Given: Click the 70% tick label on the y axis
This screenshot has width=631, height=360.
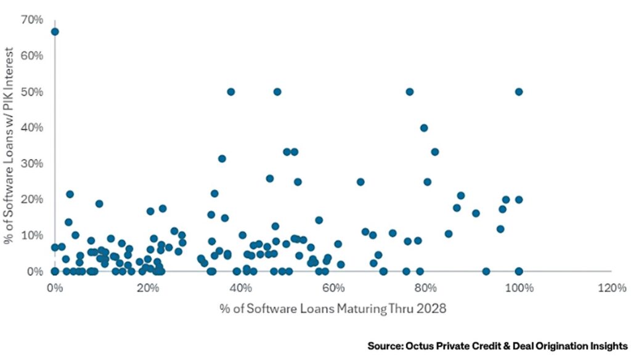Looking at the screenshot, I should [33, 20].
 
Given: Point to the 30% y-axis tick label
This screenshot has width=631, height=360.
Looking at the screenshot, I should [33, 163].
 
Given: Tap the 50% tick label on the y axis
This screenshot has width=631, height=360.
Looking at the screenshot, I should [33, 92].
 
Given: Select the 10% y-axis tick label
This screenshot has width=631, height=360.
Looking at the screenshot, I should [33, 235].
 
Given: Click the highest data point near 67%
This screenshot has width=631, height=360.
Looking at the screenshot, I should [55, 31].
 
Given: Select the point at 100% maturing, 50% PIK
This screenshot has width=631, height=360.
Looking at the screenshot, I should [519, 92].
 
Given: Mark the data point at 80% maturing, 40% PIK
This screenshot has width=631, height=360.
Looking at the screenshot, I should [424, 128].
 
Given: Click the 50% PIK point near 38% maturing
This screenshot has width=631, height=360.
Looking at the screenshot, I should [231, 92].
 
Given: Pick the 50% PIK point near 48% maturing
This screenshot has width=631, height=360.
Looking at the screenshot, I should [277, 92].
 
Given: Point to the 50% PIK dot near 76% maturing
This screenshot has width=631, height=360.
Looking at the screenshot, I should [409, 92].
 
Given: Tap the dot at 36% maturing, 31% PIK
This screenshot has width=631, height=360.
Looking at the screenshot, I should [222, 158].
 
